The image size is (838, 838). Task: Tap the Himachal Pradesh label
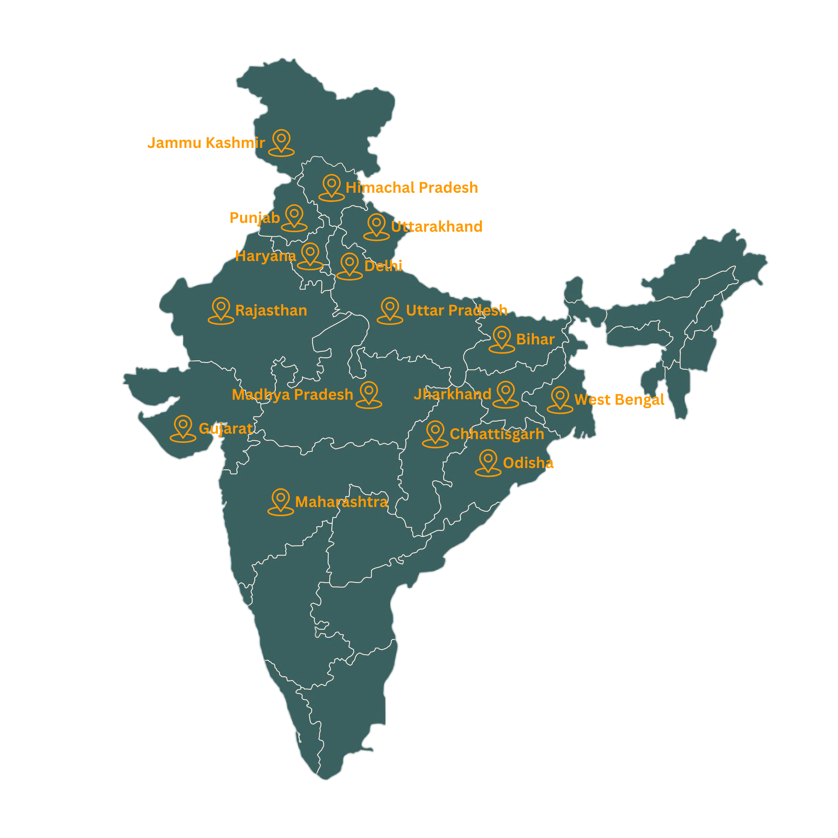pos(411,187)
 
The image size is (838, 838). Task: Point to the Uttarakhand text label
pos(436,226)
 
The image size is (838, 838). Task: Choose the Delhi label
pos(383,266)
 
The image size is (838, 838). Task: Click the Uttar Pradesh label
pos(456,310)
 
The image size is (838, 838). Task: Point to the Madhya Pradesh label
pos(292,394)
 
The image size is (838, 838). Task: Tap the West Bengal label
pos(619,399)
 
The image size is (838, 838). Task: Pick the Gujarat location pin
pos(183,428)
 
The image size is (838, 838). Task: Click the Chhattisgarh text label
pos(497,434)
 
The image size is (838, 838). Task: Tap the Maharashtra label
pos(341,502)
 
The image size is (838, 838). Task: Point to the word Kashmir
pos(235,142)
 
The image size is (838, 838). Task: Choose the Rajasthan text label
pos(271,310)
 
